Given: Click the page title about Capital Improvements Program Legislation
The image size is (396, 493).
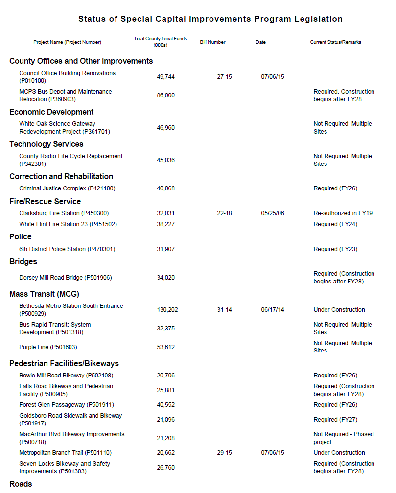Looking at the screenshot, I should tap(210, 19).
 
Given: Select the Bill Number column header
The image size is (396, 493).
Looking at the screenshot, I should tap(212, 42).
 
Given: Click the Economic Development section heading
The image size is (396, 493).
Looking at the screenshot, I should tap(51, 112).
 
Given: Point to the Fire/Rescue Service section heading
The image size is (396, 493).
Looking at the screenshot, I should tap(45, 201).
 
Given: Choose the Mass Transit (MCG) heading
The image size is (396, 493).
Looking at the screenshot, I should tap(44, 294).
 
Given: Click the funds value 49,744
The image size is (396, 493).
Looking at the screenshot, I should tap(165, 77).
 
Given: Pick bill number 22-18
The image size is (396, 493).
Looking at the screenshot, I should tap(224, 213).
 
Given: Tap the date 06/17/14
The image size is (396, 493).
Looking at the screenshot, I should tap(273, 310).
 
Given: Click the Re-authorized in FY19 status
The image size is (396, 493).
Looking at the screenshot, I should tap(343, 213).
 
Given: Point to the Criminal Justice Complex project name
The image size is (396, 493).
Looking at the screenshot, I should tap(67, 188).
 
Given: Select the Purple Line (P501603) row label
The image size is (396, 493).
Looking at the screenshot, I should tap(48, 347).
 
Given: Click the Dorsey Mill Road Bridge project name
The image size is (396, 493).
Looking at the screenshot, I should tap(65, 278).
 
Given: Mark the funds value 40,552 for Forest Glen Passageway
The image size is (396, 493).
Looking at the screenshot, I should tap(165, 405).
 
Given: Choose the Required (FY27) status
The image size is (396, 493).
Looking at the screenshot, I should tap(335, 420).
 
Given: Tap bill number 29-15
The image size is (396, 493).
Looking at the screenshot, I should tap(224, 453).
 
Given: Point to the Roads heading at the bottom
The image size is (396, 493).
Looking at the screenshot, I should tap(21, 484).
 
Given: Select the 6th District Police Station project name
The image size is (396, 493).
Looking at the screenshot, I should tap(67, 249).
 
